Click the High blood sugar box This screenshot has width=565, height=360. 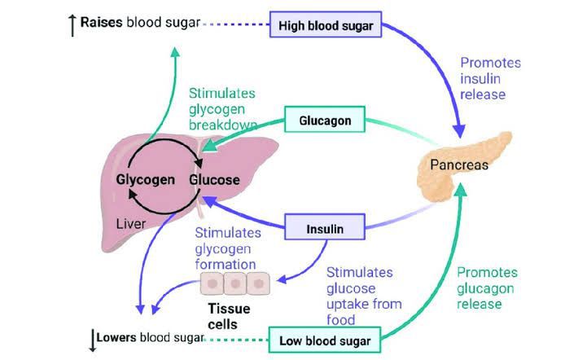(x=325, y=24)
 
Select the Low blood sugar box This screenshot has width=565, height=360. (x=326, y=340)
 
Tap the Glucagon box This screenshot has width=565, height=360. (x=325, y=121)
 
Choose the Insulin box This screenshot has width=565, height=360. (x=325, y=229)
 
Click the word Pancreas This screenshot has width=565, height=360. (x=459, y=165)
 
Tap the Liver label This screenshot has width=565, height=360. (x=131, y=222)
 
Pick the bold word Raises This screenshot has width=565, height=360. (x=101, y=22)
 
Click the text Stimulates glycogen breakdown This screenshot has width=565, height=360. (x=222, y=109)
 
